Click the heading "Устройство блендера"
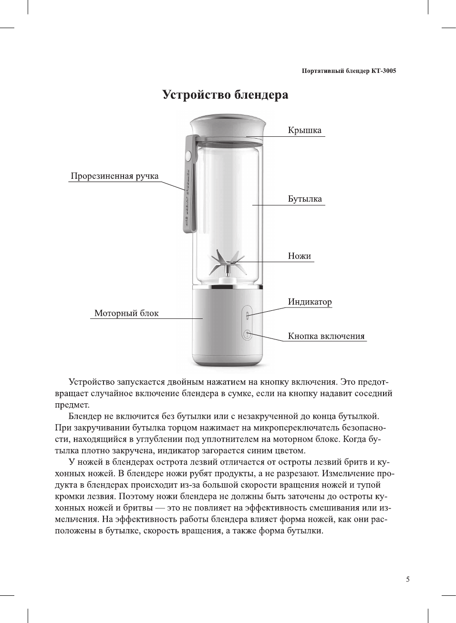(225, 94)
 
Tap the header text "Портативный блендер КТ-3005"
(349, 71)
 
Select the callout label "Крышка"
(304, 130)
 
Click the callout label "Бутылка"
(304, 199)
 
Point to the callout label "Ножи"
(299, 256)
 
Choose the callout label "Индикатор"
(310, 302)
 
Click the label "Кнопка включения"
(326, 336)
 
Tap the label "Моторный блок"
(126, 313)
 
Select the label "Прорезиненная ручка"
(114, 176)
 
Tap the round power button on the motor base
(247, 335)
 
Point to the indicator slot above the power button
(247, 315)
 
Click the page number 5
(407, 579)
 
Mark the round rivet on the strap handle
(188, 155)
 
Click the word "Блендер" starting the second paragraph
(84, 416)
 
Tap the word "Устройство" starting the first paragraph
(92, 382)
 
